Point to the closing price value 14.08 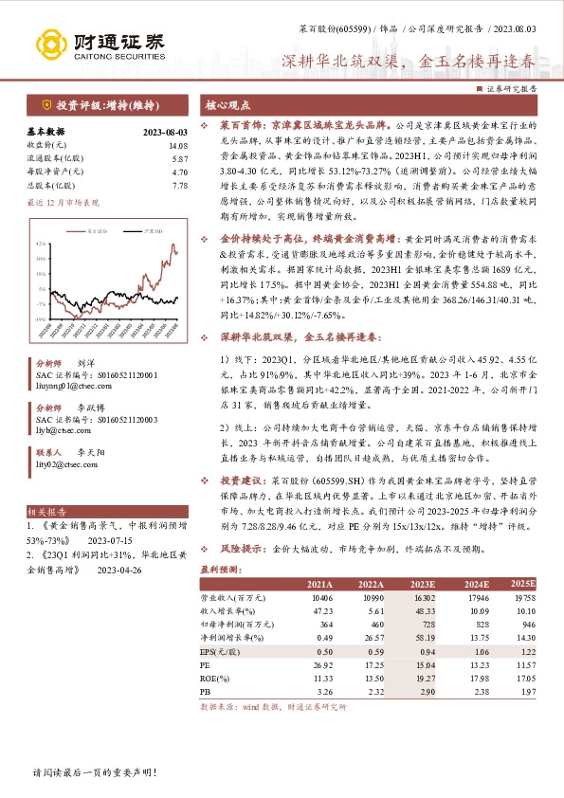click(176, 145)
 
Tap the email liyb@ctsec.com click(62, 428)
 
